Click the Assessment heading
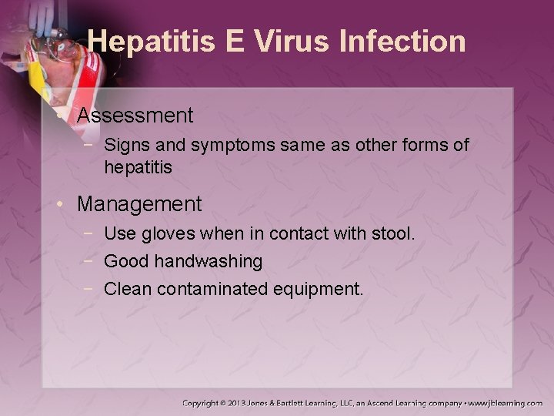click(135, 116)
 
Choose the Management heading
click(139, 204)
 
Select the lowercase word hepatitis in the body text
click(138, 166)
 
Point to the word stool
click(393, 233)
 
